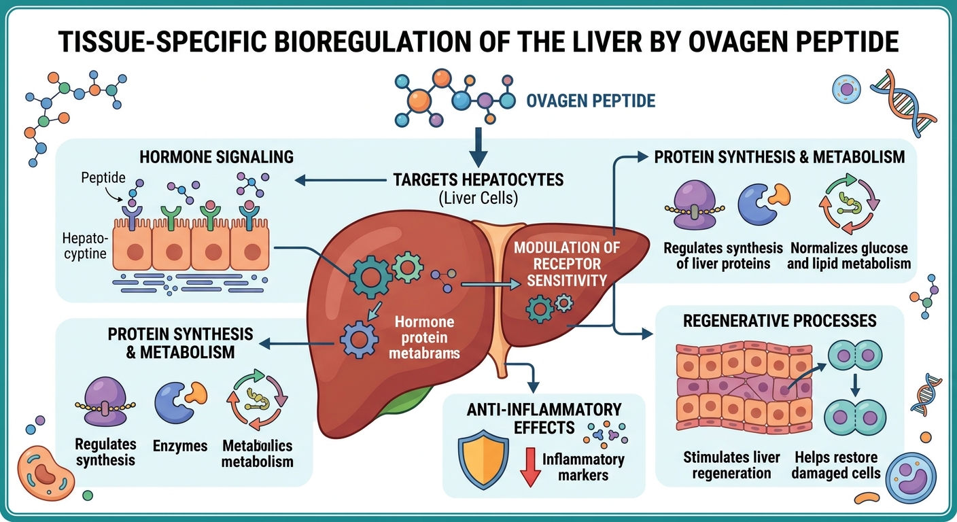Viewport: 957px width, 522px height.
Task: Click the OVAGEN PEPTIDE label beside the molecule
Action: [x=591, y=101]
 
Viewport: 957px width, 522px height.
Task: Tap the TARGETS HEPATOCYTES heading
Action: [x=478, y=180]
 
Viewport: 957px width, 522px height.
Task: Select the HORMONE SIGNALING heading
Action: [x=216, y=157]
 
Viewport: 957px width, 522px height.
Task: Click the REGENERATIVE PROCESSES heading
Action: [x=779, y=320]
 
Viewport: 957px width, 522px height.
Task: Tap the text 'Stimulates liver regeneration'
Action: [x=731, y=465]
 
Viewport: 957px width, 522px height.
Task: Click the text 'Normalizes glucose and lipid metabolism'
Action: [x=849, y=256]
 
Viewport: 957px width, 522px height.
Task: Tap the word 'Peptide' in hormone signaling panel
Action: [x=103, y=178]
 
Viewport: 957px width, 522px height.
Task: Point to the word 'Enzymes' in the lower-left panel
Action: [x=180, y=446]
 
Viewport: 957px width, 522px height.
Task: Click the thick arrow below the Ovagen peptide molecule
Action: [x=478, y=143]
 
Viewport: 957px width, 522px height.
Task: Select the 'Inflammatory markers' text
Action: [x=582, y=467]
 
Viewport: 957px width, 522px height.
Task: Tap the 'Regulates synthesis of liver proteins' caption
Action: [x=723, y=256]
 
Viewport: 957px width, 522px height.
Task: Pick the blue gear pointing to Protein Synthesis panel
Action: [x=358, y=338]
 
